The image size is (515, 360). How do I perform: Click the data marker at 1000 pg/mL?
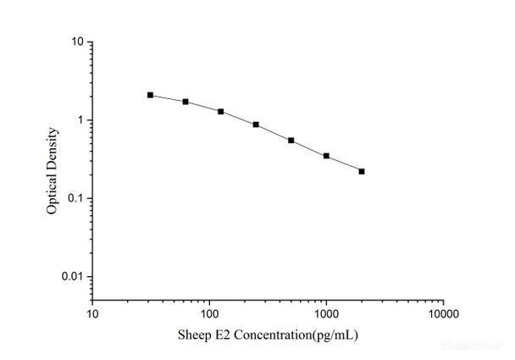click(x=326, y=156)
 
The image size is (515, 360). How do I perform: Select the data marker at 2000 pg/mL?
click(x=362, y=171)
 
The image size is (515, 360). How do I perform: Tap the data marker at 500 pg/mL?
click(x=291, y=140)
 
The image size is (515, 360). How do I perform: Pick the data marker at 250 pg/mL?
click(x=256, y=125)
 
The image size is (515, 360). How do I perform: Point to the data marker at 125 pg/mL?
click(x=220, y=111)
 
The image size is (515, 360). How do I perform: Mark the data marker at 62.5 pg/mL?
click(x=186, y=102)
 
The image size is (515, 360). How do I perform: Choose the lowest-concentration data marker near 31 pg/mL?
click(x=150, y=95)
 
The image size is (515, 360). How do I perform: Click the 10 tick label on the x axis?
click(x=93, y=313)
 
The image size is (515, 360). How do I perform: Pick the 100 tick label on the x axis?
click(x=209, y=313)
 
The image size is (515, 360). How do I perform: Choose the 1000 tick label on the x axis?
click(x=326, y=313)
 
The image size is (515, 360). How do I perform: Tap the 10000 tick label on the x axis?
click(x=442, y=313)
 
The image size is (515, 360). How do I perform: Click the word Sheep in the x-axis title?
click(x=191, y=335)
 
